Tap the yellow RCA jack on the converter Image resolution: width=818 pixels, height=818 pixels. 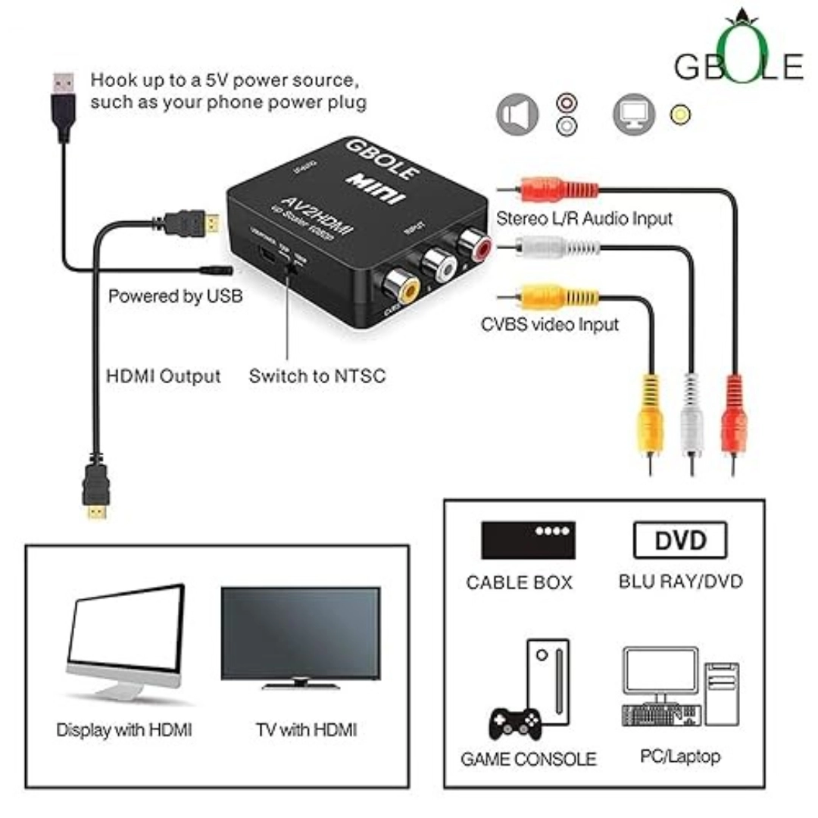click(x=401, y=287)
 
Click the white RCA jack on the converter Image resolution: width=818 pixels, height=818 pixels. click(x=440, y=264)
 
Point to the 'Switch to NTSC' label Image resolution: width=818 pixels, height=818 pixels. click(x=317, y=375)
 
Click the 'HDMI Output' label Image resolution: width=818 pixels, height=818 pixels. click(x=164, y=376)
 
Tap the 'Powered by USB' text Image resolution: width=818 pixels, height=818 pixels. click(x=176, y=295)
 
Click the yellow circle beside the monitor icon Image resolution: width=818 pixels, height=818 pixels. click(x=680, y=115)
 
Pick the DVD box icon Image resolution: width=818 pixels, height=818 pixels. click(x=679, y=541)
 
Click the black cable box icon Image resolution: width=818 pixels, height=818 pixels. click(x=528, y=540)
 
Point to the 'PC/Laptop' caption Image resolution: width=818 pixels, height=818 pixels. click(x=681, y=756)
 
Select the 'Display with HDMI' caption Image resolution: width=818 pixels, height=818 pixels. click(x=124, y=730)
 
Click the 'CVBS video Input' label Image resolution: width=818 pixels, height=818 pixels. click(x=550, y=324)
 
